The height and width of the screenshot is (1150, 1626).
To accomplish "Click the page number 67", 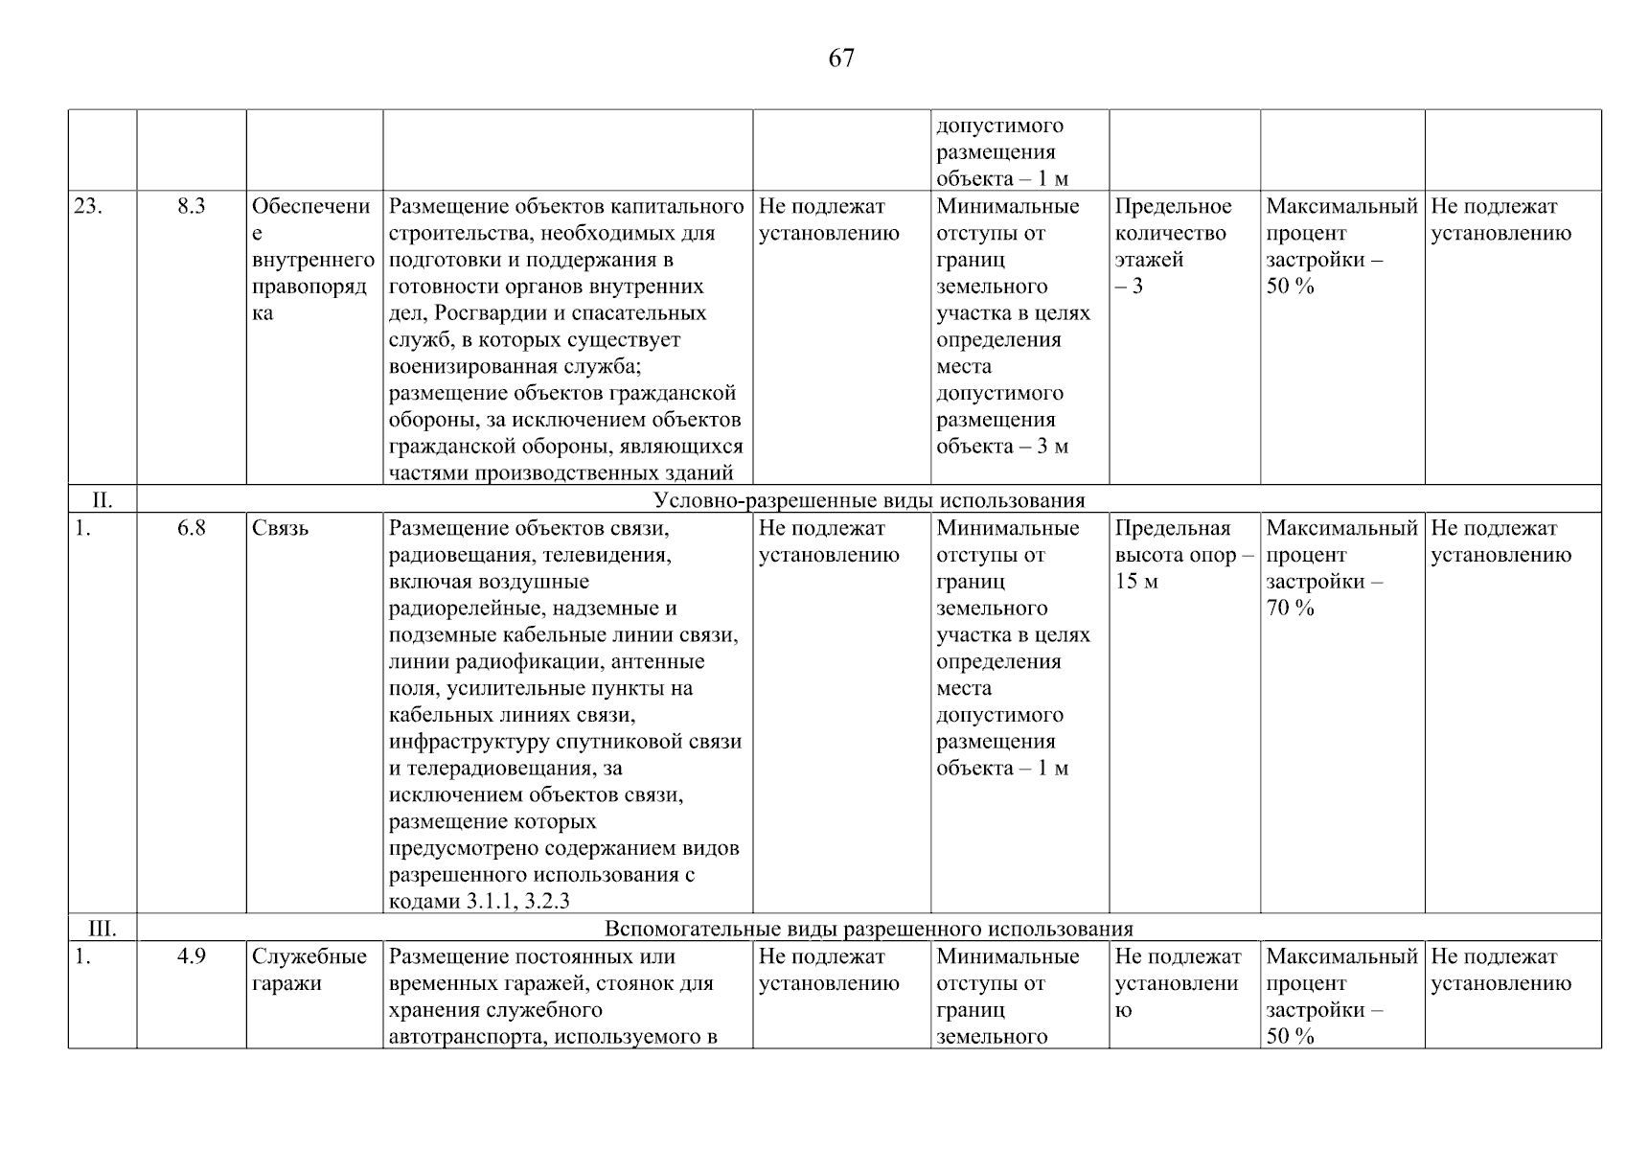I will pyautogui.click(x=840, y=58).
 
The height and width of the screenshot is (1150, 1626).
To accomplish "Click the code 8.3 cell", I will pyautogui.click(x=192, y=206).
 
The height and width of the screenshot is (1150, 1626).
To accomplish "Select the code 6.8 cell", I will pyautogui.click(x=192, y=528).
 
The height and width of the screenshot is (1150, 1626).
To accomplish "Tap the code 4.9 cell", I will pyautogui.click(x=192, y=956).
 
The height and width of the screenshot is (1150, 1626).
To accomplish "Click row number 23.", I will pyautogui.click(x=87, y=206).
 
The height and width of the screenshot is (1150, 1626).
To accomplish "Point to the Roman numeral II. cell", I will pyautogui.click(x=102, y=500).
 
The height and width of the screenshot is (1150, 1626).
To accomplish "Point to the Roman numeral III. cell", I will pyautogui.click(x=102, y=929).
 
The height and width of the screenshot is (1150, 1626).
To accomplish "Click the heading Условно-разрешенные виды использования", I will pyautogui.click(x=868, y=500).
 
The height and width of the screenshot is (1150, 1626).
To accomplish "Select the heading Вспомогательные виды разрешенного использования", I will pyautogui.click(x=868, y=929).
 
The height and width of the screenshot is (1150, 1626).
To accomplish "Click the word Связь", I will pyautogui.click(x=280, y=528).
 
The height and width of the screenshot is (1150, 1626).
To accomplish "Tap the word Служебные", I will pyautogui.click(x=309, y=956).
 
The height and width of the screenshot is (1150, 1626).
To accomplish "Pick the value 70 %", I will pyautogui.click(x=1290, y=608).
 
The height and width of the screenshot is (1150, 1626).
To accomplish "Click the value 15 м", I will pyautogui.click(x=1136, y=582).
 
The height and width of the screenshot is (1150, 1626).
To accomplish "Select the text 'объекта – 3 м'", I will pyautogui.click(x=1001, y=447).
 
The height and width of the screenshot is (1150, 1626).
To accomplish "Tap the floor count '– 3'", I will pyautogui.click(x=1129, y=287).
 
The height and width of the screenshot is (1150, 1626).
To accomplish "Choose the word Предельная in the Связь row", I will pyautogui.click(x=1172, y=528).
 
